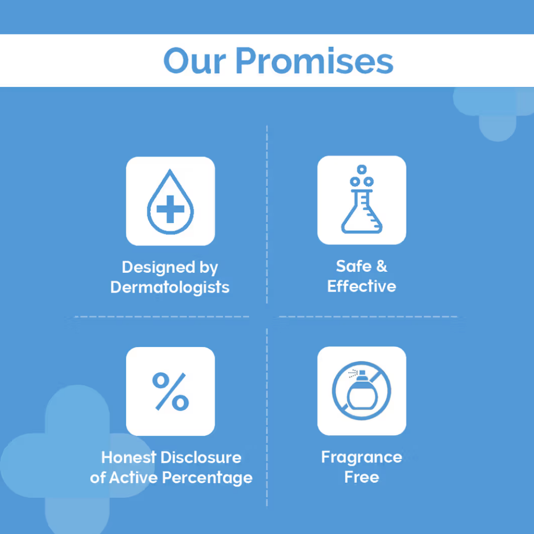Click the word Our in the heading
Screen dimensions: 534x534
click(x=194, y=61)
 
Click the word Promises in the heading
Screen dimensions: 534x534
click(x=315, y=61)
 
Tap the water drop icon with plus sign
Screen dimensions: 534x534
click(x=170, y=202)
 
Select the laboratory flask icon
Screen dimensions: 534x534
click(x=362, y=199)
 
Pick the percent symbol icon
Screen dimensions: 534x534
click(x=170, y=391)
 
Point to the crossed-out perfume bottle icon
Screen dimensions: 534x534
click(x=362, y=391)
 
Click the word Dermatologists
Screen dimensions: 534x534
click(x=170, y=287)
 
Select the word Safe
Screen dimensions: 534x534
click(x=354, y=266)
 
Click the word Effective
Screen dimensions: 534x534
click(x=362, y=286)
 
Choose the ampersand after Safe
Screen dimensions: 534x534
click(x=382, y=266)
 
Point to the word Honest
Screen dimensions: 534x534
click(x=129, y=458)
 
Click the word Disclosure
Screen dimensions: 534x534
click(x=201, y=458)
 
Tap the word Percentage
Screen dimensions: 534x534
click(x=207, y=477)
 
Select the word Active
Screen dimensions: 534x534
click(x=133, y=477)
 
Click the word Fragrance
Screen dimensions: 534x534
click(x=362, y=458)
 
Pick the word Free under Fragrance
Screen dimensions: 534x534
click(x=362, y=477)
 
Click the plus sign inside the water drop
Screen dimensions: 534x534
click(x=170, y=209)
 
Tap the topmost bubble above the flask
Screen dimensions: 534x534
click(x=362, y=169)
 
